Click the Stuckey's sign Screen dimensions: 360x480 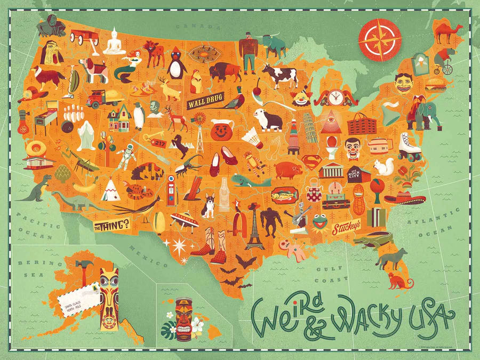point(346,228)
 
